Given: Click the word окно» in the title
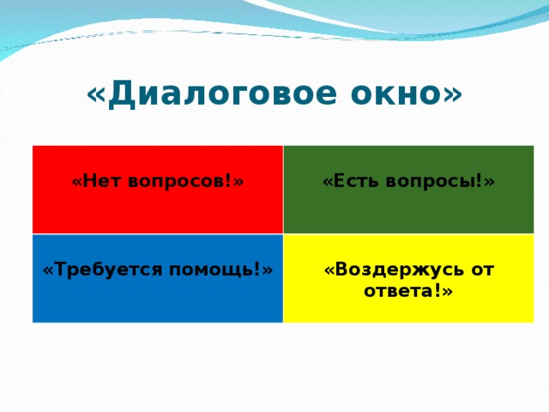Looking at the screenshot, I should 401,94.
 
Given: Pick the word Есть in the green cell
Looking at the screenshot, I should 353,181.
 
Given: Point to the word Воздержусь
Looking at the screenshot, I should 399,270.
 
